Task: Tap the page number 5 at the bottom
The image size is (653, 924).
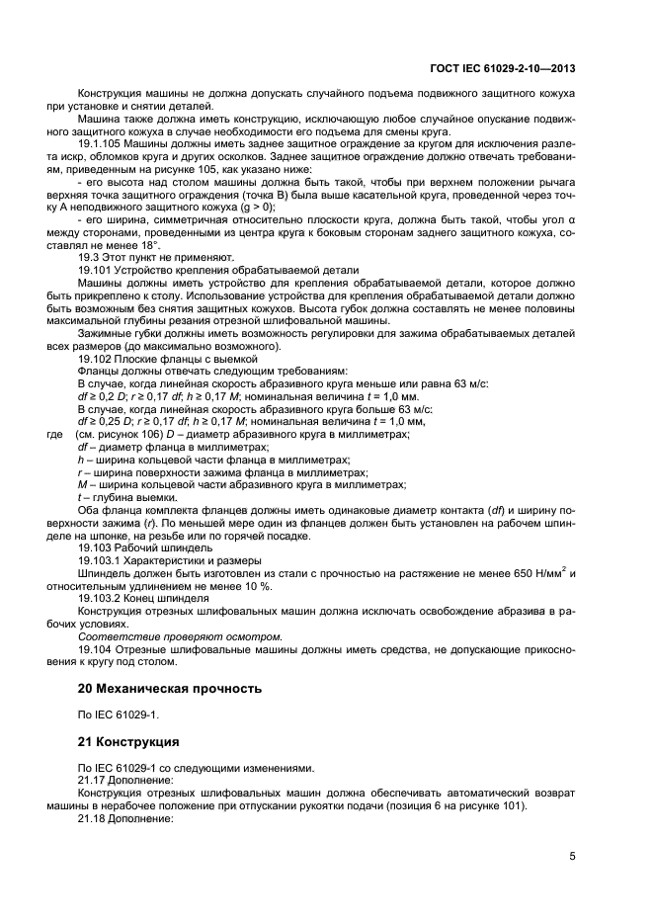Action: coord(573,856)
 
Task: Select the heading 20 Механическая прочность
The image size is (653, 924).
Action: coord(170,688)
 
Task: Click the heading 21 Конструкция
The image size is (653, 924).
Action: coord(128,740)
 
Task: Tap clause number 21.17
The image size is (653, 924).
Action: coord(95,780)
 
